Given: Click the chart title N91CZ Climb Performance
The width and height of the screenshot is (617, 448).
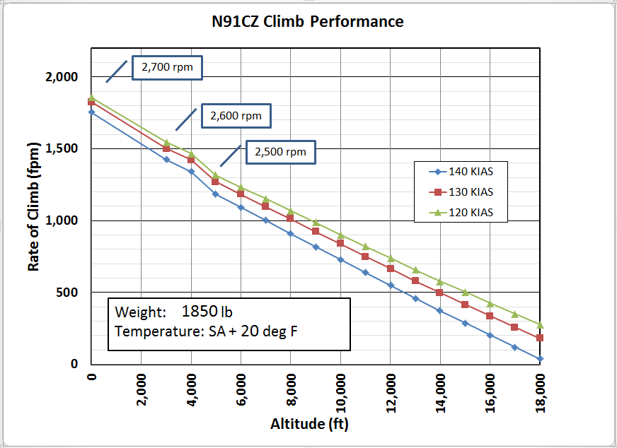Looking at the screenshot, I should [x=308, y=21].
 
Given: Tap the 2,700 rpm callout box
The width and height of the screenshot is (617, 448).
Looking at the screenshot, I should [x=167, y=68].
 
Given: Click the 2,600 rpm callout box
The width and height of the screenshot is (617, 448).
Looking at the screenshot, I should [x=236, y=116].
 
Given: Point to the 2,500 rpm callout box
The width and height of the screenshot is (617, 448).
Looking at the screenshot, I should [x=280, y=151].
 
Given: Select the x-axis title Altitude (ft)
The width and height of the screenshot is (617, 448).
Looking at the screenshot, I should [x=309, y=424].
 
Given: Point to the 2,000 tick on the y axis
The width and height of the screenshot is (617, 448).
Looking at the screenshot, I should [x=62, y=77].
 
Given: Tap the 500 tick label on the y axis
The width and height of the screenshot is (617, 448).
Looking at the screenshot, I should [x=69, y=293].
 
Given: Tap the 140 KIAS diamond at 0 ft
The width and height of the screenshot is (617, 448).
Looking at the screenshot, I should [x=91, y=112].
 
